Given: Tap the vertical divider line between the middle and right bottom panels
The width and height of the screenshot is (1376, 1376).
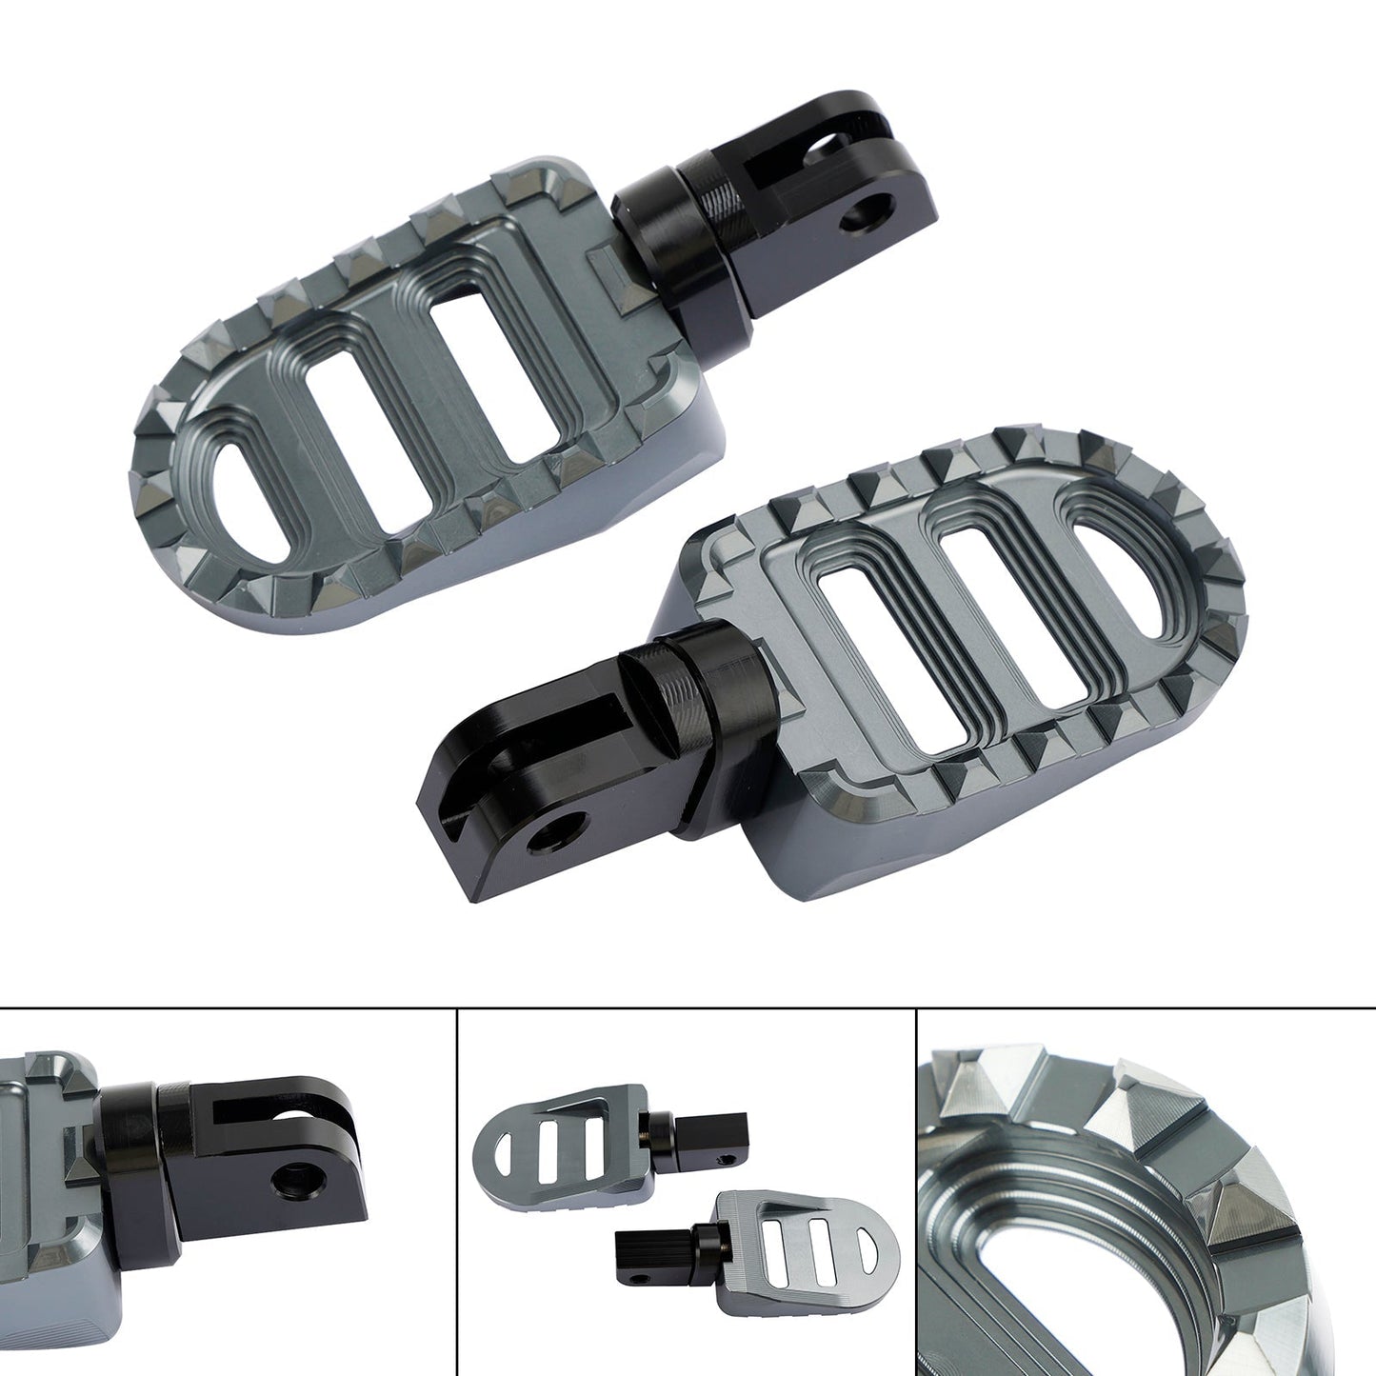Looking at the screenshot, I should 916,1190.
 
